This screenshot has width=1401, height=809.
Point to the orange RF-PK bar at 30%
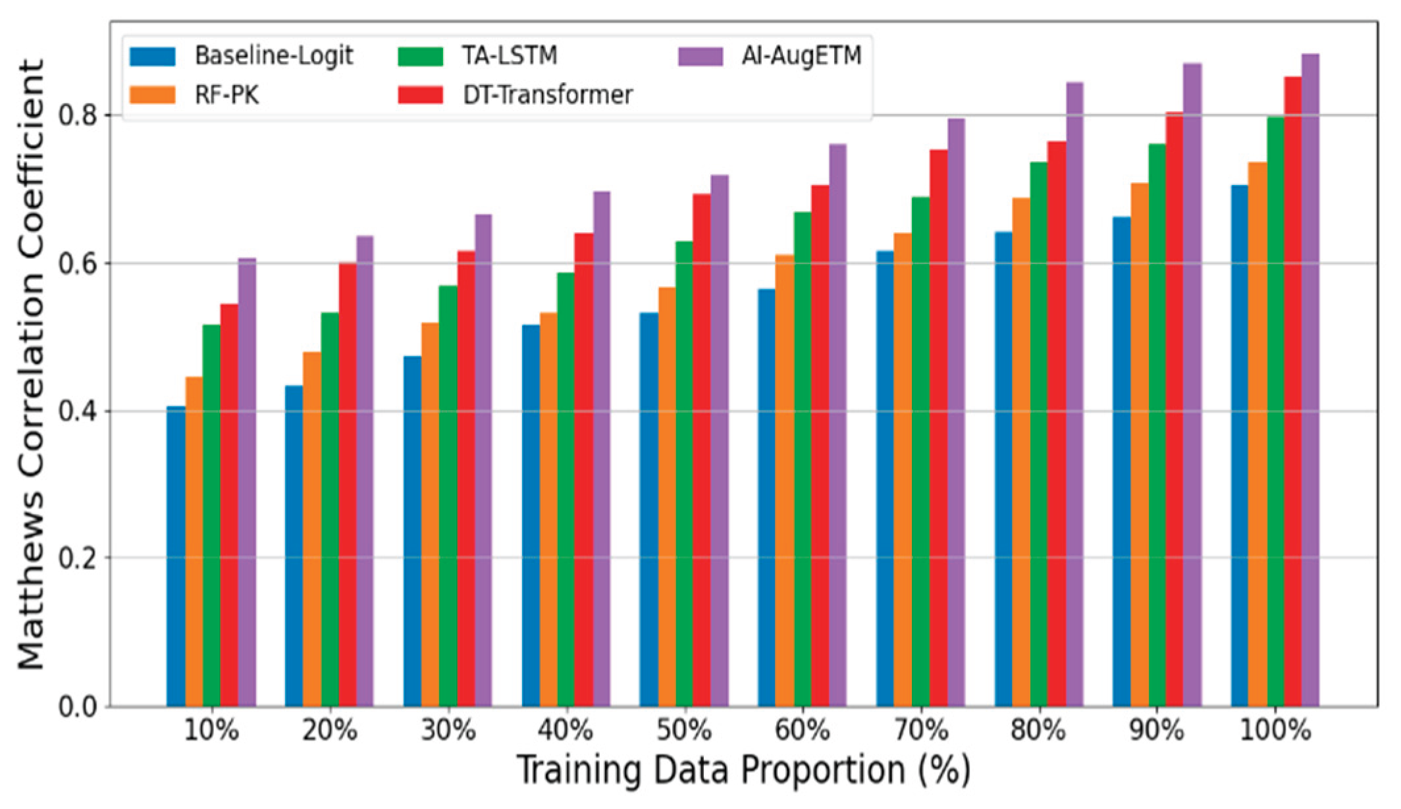(430, 514)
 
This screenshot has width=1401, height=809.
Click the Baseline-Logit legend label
(274, 56)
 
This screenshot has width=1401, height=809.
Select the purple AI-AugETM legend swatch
(700, 56)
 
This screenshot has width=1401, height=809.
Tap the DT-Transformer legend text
(548, 95)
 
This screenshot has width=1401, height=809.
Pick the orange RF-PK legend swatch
(153, 95)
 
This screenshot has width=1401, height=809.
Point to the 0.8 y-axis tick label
(78, 116)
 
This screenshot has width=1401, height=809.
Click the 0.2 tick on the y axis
(78, 559)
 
